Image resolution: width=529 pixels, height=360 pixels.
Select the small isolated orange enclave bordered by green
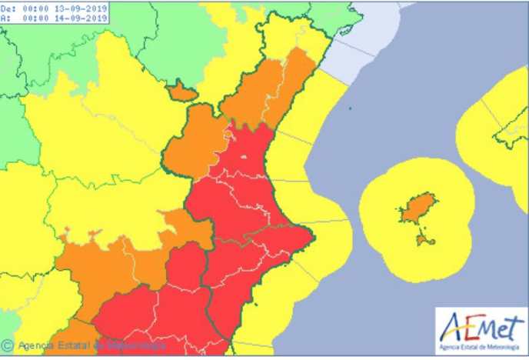tap(182, 92)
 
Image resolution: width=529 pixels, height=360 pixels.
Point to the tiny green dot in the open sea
tap(349, 107)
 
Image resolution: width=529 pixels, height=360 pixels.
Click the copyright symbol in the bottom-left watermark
tap(8, 345)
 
